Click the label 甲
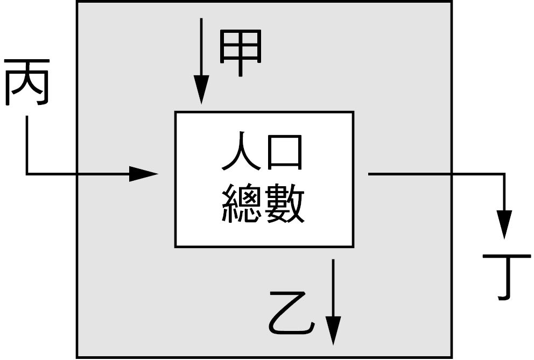point(241,53)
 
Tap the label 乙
point(291,313)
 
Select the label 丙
point(27,82)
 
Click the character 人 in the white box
point(241,151)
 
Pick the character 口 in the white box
point(285,153)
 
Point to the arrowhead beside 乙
point(333,330)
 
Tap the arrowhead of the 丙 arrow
point(143,174)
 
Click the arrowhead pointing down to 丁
point(504,224)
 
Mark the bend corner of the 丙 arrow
point(27,174)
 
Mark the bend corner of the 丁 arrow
point(504,174)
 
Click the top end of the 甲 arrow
point(201,18)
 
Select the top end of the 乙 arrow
point(333,259)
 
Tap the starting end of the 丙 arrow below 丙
point(27,116)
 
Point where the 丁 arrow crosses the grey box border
point(452,174)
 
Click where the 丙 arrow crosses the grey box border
point(76,174)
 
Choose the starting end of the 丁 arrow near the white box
point(369,174)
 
